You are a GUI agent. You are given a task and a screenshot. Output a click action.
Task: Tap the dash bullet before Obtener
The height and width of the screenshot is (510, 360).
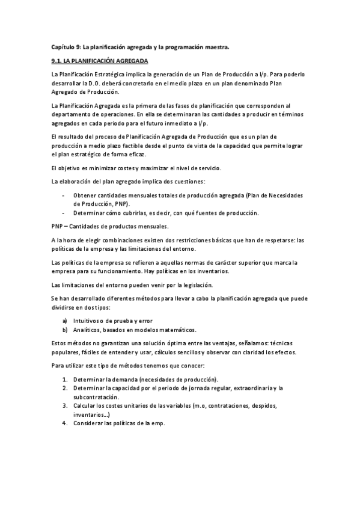coord(64,196)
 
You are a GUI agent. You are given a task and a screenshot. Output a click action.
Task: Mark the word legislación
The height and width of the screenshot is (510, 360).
coord(194,284)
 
